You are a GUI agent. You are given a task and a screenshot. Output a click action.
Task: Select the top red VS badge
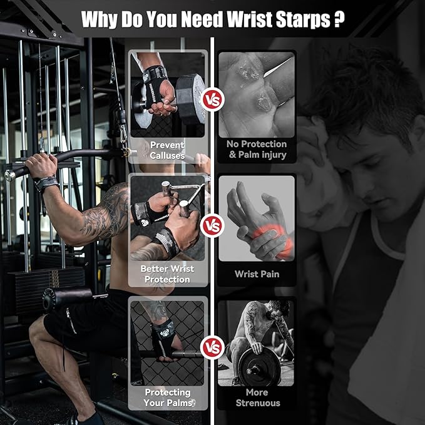pos(212,99)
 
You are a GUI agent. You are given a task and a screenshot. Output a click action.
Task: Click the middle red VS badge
pos(212,225)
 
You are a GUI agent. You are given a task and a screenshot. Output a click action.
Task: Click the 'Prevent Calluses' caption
pos(167,150)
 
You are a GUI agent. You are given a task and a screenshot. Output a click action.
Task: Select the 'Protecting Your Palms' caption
pos(167,397)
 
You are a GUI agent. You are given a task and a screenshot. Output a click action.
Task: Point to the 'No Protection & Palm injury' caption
pos(257,149)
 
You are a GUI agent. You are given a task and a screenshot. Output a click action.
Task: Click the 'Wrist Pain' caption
pos(257,274)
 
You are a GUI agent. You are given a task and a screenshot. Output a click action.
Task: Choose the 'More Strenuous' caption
pos(257,397)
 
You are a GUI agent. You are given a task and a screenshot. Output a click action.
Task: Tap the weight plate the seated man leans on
pos(256,366)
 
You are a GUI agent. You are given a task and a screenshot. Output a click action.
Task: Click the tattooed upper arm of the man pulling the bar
pos(113,210)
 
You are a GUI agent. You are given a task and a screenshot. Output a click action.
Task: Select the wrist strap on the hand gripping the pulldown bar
pos(46,184)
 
